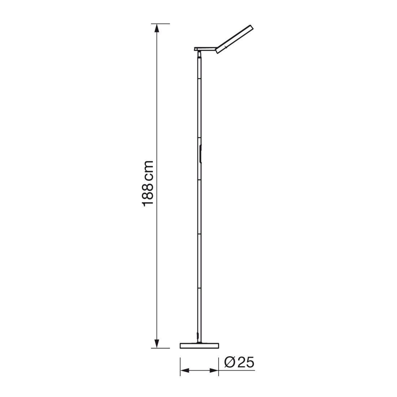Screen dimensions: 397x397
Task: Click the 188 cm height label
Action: click(x=148, y=183)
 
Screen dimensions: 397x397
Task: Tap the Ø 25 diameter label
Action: click(x=239, y=363)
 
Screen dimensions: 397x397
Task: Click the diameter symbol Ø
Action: click(x=230, y=363)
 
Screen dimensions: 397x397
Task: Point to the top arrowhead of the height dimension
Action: click(x=157, y=28)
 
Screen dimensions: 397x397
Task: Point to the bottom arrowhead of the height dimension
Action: click(x=157, y=344)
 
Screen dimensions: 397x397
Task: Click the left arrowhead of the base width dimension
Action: click(x=184, y=371)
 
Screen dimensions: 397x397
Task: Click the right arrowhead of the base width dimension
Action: click(x=214, y=371)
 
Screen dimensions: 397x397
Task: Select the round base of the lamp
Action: click(x=200, y=346)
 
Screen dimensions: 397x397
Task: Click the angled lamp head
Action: click(x=234, y=39)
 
